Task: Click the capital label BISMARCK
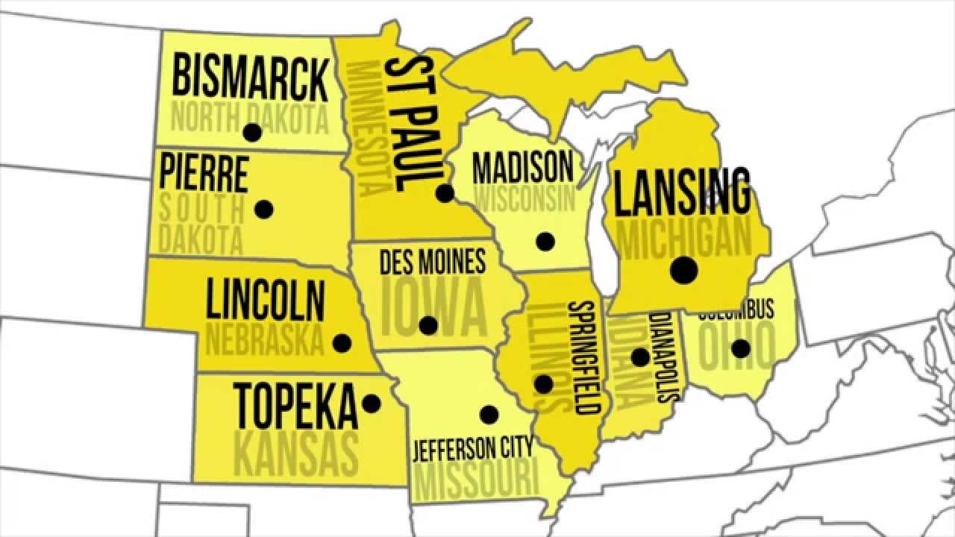[250, 77]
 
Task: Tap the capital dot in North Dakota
[252, 133]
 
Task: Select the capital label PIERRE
[203, 172]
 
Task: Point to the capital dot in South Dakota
[263, 209]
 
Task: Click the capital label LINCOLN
[266, 299]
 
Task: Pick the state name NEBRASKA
[265, 341]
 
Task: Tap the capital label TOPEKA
[296, 406]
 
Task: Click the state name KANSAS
[296, 450]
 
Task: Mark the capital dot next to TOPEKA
[371, 403]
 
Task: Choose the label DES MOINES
[433, 262]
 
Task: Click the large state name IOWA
[433, 308]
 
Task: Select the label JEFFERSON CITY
[474, 449]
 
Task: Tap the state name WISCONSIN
[526, 199]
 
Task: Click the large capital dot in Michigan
[683, 270]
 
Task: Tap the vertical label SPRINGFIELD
[586, 358]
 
